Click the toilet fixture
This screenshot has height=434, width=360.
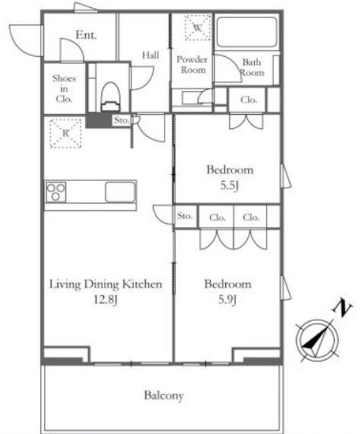[111, 97]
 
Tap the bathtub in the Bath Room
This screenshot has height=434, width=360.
[246, 32]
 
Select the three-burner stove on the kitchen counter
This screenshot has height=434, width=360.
[56, 192]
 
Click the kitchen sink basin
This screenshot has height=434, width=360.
[120, 192]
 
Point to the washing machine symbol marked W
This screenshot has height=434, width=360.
[197, 28]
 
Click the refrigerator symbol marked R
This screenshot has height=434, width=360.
[66, 133]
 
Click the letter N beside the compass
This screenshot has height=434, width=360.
[343, 309]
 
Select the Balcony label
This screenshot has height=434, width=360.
[164, 395]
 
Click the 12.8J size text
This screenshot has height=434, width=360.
[106, 299]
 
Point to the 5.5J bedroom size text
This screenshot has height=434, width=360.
[229, 186]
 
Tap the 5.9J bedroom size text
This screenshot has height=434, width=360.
[227, 299]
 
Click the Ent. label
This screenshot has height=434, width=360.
[86, 35]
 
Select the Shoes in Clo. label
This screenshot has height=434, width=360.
[64, 88]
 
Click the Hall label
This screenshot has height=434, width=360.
[151, 55]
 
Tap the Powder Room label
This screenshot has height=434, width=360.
[192, 64]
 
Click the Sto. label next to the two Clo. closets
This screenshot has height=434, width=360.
[185, 215]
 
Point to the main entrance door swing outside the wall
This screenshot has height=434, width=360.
[25, 41]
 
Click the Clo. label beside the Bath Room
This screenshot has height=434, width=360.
[248, 100]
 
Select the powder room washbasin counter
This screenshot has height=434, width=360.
[192, 97]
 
